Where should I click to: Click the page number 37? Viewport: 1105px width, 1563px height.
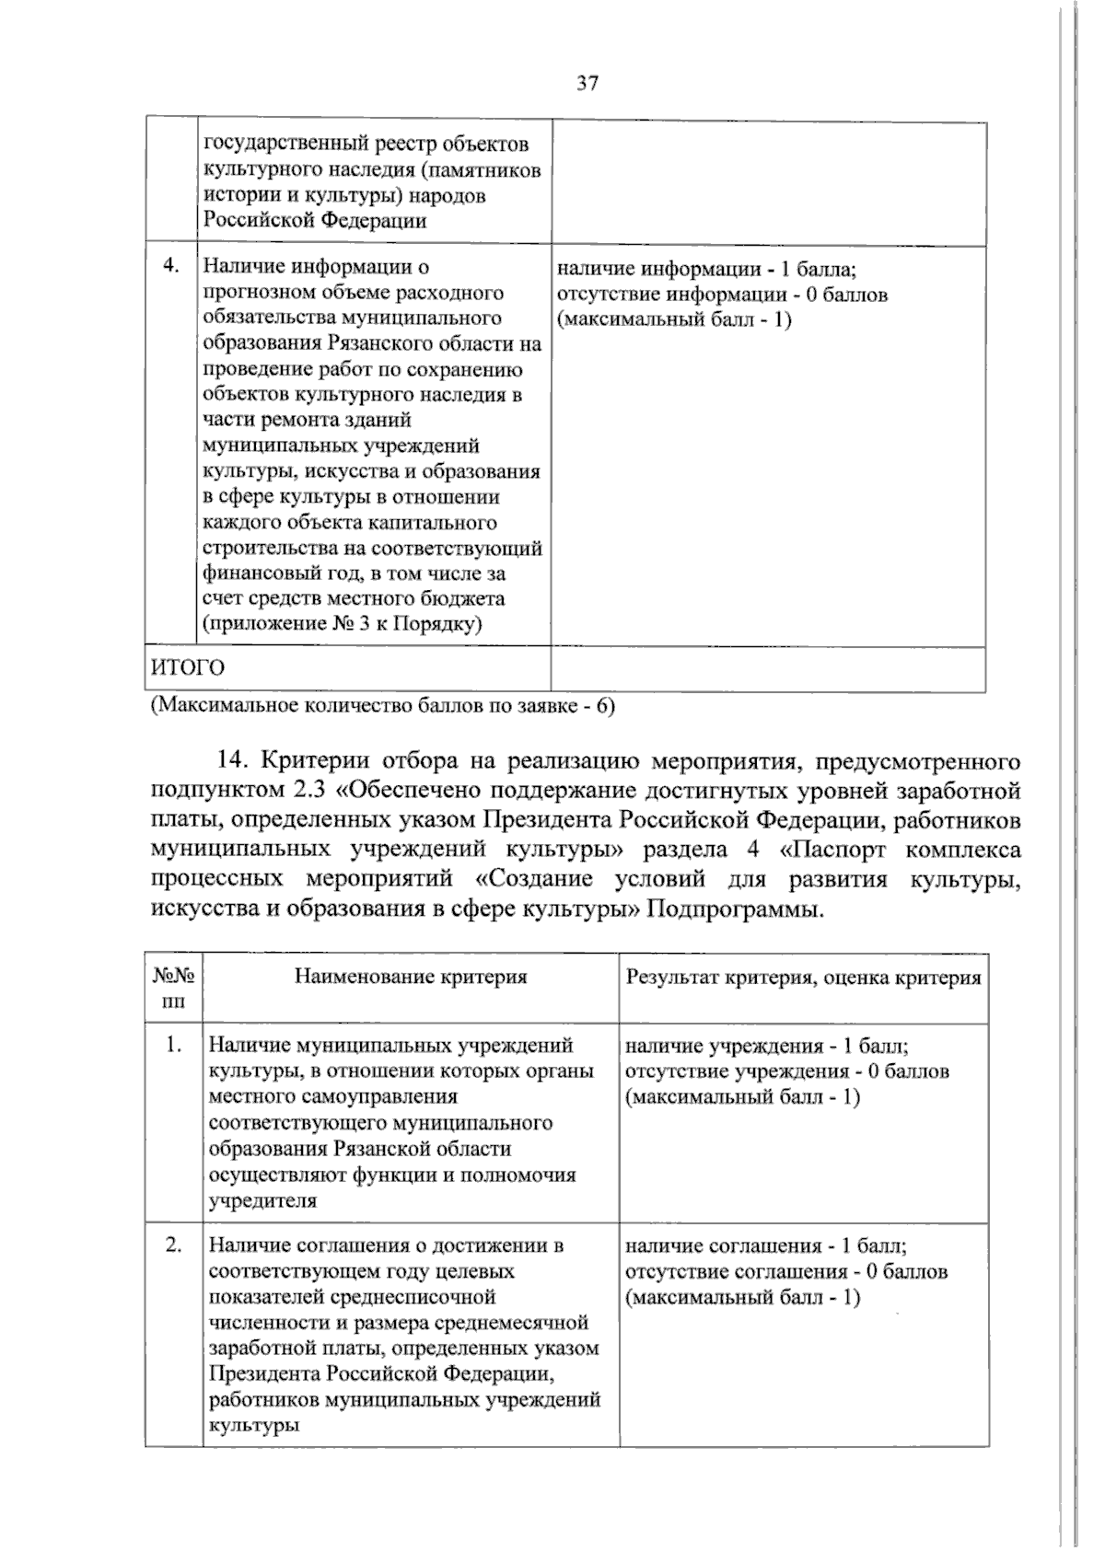tap(587, 85)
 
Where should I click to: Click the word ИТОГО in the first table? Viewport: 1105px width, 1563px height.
tap(188, 667)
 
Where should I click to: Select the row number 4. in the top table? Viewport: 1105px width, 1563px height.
tap(170, 267)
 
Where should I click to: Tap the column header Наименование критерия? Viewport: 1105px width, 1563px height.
tap(411, 977)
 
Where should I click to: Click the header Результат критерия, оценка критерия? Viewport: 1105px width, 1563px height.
tap(803, 978)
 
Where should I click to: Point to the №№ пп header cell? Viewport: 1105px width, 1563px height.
tap(173, 989)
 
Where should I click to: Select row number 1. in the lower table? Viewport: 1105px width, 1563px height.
tap(173, 1046)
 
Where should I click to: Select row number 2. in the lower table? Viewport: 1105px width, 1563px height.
tap(173, 1245)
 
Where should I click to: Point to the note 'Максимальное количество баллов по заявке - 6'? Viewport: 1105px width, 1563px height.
tap(382, 707)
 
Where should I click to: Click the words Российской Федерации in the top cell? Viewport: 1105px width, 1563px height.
tap(315, 220)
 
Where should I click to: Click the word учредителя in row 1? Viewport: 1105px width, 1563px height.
tap(262, 1200)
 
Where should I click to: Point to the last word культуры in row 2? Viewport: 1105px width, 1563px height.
tap(253, 1425)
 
